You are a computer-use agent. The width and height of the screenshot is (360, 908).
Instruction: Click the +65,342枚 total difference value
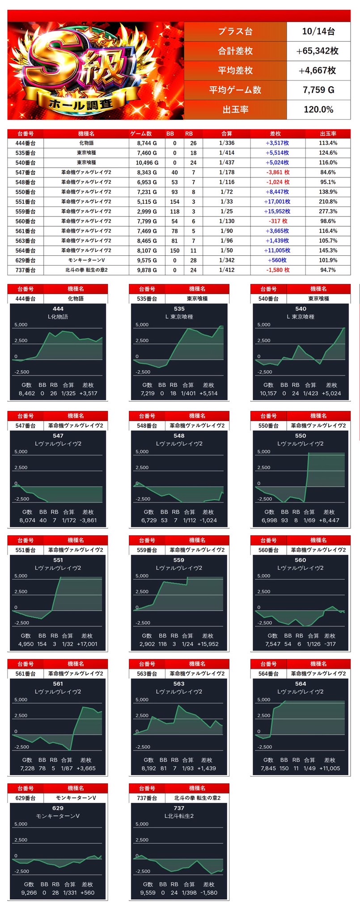[318, 51]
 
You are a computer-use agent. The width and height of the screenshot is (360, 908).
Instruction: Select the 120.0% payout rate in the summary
[318, 110]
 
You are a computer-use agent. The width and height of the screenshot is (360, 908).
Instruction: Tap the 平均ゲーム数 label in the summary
[235, 90]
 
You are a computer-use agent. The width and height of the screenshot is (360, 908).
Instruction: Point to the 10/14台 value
[318, 31]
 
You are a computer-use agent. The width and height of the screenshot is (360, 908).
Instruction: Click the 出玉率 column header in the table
[328, 134]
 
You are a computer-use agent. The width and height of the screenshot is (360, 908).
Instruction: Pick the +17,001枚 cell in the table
[277, 202]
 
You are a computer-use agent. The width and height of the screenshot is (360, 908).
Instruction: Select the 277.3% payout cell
[328, 211]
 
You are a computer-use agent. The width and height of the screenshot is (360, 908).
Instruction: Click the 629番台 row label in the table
[25, 260]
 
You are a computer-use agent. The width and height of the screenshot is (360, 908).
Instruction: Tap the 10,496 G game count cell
[144, 163]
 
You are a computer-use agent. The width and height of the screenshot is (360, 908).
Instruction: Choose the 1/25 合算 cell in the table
[226, 211]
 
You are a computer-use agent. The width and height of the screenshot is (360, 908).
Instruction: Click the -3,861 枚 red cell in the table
[278, 173]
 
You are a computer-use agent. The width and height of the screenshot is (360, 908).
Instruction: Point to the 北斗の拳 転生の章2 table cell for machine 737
[86, 270]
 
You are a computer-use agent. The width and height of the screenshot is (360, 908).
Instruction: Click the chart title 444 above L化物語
[58, 308]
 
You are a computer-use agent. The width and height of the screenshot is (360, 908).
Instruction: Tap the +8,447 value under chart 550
[329, 520]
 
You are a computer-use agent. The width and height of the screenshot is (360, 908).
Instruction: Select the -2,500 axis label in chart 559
[143, 623]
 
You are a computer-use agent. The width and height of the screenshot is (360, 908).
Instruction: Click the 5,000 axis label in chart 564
[264, 700]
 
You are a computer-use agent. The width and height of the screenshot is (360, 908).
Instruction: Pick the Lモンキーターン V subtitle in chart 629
[58, 816]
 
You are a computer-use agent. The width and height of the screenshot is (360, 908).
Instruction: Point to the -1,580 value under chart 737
[209, 893]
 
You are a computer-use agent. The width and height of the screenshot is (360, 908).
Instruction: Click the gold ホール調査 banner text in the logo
[80, 105]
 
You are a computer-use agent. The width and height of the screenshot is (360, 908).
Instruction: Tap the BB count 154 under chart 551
[42, 644]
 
